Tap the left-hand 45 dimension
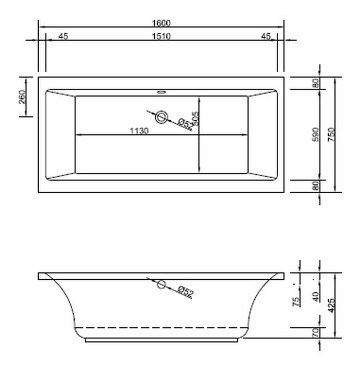pyautogui.click(x=63, y=37)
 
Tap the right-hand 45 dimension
pyautogui.click(x=265, y=37)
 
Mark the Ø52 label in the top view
pyautogui.click(x=185, y=125)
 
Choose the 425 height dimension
pyautogui.click(x=341, y=306)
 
